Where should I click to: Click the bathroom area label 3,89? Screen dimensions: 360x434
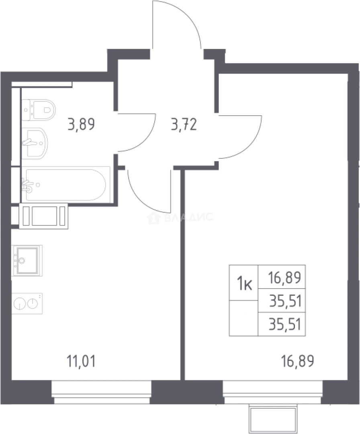click(x=81, y=124)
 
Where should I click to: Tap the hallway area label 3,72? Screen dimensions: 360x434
click(x=184, y=124)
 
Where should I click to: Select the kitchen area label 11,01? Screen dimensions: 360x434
click(x=81, y=361)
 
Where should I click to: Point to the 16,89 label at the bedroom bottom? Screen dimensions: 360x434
click(x=297, y=361)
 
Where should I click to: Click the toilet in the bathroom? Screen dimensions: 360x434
click(x=39, y=110)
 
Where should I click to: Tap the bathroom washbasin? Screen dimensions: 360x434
click(x=35, y=143)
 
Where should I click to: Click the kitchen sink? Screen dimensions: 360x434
click(x=27, y=260)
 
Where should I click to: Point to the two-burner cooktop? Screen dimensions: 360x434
click(x=27, y=303)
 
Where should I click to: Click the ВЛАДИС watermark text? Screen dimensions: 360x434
click(x=180, y=217)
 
